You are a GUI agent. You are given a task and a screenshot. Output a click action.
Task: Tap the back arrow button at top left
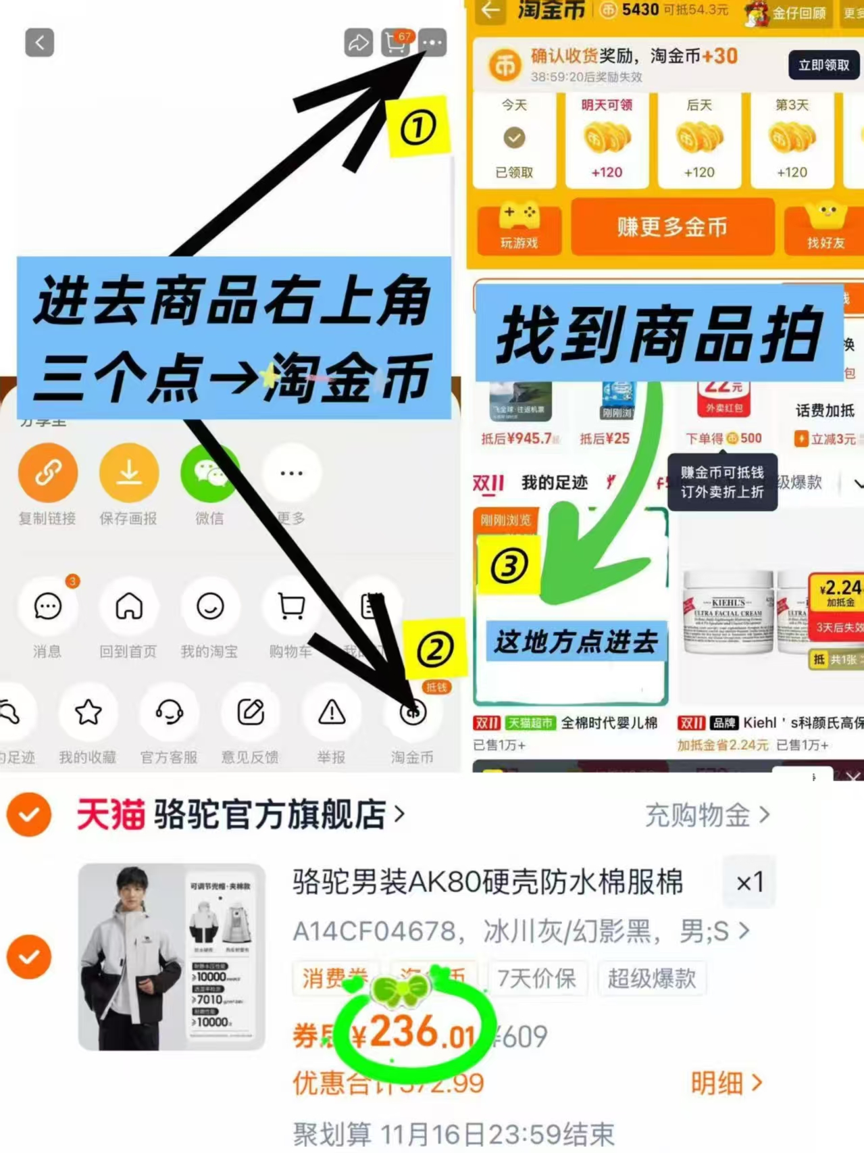(39, 43)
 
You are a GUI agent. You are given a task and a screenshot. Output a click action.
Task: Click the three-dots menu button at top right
(432, 43)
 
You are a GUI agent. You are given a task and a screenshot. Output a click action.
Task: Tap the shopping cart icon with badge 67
(395, 43)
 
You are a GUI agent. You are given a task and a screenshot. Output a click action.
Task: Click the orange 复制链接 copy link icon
(47, 472)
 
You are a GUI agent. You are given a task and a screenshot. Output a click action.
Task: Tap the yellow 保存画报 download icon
(128, 472)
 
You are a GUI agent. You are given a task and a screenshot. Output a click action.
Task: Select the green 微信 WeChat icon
(209, 472)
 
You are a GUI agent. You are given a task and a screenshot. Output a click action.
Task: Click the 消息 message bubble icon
(47, 606)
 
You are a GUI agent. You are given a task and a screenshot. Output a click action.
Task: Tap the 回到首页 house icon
(128, 606)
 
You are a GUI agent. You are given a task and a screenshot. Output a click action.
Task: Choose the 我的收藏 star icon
(88, 712)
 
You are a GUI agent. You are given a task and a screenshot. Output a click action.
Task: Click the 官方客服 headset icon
(169, 712)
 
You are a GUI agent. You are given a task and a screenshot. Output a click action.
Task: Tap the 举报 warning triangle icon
(332, 712)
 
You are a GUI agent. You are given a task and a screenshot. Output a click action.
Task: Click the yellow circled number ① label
(417, 127)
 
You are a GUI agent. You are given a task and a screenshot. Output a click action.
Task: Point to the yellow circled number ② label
(435, 649)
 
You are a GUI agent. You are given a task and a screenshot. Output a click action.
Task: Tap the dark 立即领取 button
(823, 65)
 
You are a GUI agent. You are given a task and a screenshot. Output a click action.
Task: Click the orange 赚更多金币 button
(672, 227)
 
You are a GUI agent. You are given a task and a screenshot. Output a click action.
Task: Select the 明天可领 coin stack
(607, 138)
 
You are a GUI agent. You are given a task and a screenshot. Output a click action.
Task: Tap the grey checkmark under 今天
(514, 138)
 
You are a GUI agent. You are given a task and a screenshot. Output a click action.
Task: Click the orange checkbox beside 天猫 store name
(29, 814)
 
